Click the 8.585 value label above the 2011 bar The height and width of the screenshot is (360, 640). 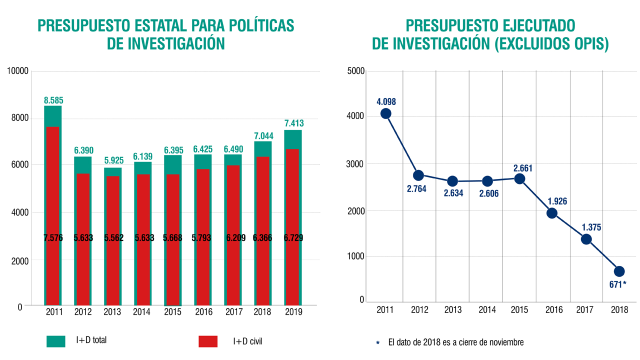click(53, 100)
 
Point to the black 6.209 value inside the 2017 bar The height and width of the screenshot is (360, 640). click(233, 238)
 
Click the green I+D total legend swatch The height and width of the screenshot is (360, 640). click(55, 341)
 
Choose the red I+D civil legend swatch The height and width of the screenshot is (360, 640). click(208, 341)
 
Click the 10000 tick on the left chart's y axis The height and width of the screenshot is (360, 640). click(18, 71)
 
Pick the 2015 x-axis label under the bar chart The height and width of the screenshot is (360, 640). click(173, 312)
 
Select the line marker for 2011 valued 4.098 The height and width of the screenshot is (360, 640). click(385, 113)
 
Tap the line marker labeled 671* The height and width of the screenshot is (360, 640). click(619, 271)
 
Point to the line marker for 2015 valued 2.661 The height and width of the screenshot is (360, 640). click(519, 179)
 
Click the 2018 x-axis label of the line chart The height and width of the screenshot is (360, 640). click(619, 310)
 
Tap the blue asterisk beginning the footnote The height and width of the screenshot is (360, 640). click(378, 342)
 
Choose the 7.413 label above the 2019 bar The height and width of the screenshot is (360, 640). click(294, 123)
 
